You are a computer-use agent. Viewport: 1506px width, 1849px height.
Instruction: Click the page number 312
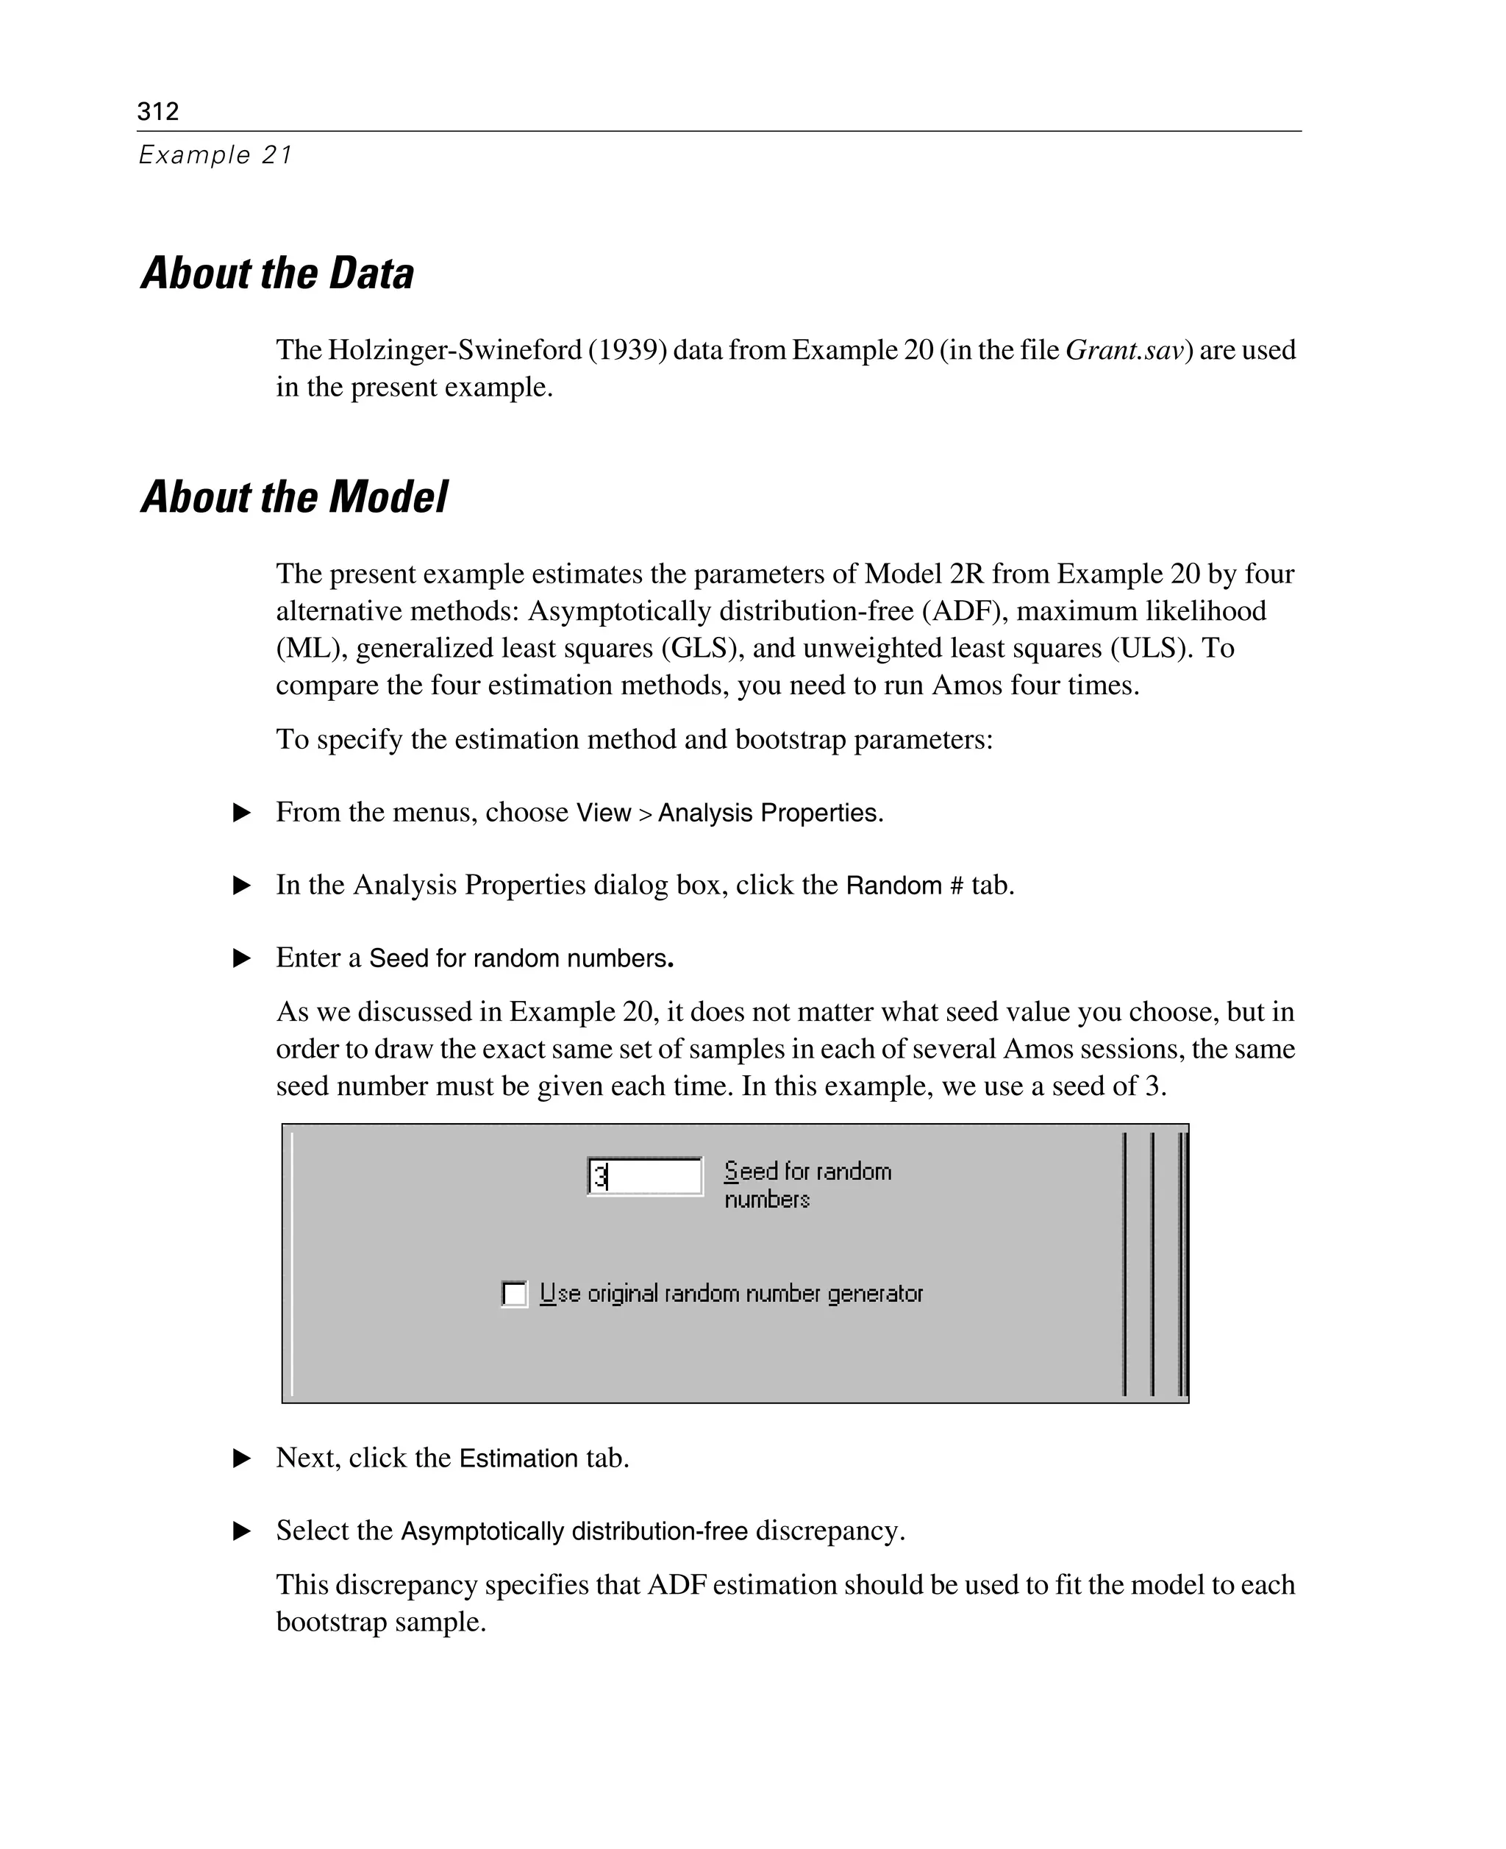point(158,111)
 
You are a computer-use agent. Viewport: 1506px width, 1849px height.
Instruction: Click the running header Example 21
point(215,155)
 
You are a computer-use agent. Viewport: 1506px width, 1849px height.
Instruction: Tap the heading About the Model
point(293,497)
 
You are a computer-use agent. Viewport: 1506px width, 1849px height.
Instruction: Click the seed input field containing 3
point(645,1177)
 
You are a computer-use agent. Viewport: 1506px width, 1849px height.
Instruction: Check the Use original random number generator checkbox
point(515,1294)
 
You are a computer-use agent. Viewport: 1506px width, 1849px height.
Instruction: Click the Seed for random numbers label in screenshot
point(807,1184)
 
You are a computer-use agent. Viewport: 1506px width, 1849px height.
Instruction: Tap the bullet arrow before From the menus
point(242,813)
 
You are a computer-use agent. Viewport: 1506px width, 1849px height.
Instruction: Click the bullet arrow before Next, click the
point(242,1458)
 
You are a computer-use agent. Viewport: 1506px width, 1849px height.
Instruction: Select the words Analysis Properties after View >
point(768,813)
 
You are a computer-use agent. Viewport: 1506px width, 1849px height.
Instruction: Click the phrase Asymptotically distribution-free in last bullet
point(574,1531)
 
